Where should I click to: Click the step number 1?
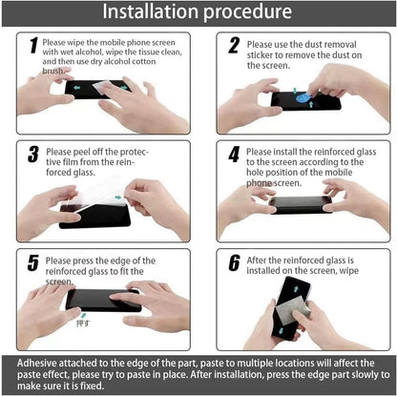33,47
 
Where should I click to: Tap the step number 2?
232,46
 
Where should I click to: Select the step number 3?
32,155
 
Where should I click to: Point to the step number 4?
232,154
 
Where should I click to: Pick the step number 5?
32,262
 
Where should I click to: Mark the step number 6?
232,262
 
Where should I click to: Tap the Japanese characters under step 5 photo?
83,323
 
